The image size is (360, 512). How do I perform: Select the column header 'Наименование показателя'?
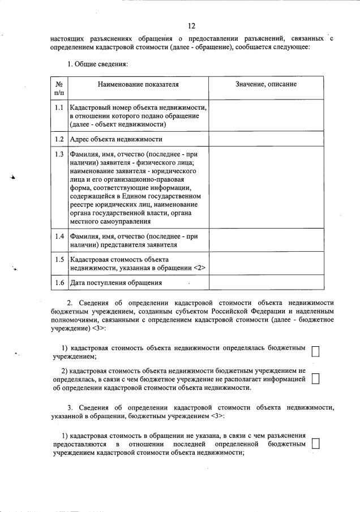click(138, 84)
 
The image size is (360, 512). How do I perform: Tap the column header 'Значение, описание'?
click(266, 84)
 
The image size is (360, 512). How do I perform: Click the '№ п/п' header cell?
click(59, 88)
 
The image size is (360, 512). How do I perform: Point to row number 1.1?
click(59, 107)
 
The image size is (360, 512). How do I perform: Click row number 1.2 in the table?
click(59, 139)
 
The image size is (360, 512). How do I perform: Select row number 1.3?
click(59, 154)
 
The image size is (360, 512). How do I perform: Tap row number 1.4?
click(59, 236)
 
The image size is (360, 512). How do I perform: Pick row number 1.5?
click(59, 259)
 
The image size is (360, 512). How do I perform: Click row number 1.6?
click(59, 282)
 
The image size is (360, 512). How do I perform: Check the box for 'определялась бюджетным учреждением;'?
click(316, 351)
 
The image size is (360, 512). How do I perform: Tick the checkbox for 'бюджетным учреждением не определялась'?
click(316, 378)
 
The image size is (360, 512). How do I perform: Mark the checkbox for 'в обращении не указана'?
click(316, 444)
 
